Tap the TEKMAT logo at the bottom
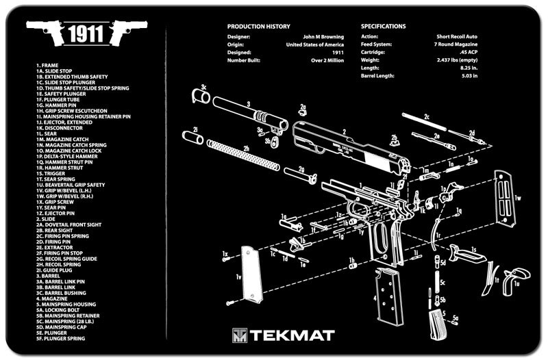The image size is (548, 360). [x=283, y=335]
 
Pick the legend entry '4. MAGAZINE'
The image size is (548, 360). [x=52, y=298]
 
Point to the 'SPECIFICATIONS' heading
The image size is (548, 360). [x=384, y=27]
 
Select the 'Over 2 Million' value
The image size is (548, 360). [x=327, y=60]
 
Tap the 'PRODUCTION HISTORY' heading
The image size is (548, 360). [x=258, y=27]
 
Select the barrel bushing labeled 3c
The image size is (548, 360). [x=202, y=97]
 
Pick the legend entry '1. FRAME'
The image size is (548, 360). [x=47, y=65]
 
